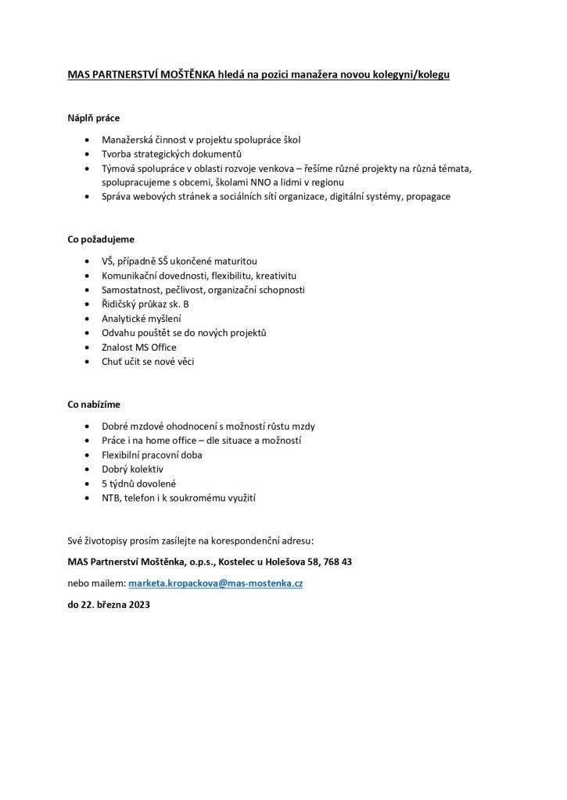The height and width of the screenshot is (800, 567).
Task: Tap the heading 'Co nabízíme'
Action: [x=94, y=405]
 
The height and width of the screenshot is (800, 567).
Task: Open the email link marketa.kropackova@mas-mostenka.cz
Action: [x=216, y=584]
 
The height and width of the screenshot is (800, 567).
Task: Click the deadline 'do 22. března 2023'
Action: [x=109, y=605]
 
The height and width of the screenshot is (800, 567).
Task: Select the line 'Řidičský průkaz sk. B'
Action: [x=145, y=304]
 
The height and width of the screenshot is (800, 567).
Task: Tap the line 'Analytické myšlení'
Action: [x=141, y=319]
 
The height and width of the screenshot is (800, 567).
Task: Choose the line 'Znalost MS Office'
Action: [x=139, y=347]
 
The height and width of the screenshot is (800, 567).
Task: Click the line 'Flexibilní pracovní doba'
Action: [x=152, y=455]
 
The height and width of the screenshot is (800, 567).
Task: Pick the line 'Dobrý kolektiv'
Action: [x=132, y=469]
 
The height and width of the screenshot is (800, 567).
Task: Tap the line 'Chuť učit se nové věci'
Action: [x=148, y=362]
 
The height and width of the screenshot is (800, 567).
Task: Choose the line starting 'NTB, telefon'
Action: [x=178, y=498]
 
